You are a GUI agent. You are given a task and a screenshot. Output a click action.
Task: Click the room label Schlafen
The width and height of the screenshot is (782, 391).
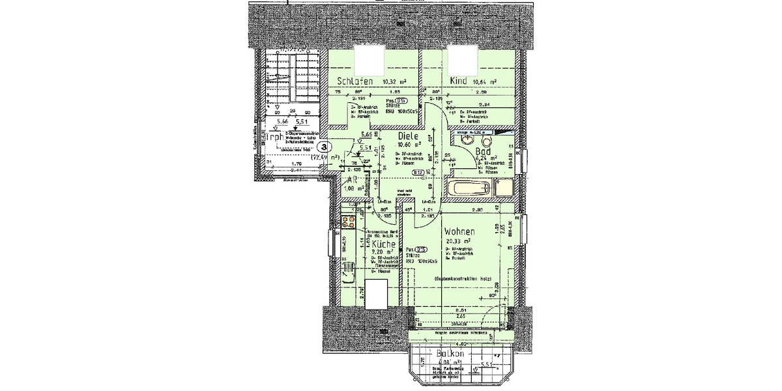tap(355, 81)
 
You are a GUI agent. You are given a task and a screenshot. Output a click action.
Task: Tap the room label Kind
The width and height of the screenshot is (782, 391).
tap(458, 81)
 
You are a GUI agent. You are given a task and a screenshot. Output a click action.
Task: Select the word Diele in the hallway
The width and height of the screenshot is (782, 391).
tap(409, 136)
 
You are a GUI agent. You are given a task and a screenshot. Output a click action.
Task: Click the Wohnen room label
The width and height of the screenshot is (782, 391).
tap(459, 231)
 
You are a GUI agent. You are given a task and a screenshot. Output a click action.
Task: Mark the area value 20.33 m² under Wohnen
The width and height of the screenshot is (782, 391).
tap(457, 241)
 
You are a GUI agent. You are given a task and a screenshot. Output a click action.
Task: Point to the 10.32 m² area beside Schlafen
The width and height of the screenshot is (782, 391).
tap(394, 82)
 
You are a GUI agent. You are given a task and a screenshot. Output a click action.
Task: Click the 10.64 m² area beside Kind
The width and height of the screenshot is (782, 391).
tap(485, 81)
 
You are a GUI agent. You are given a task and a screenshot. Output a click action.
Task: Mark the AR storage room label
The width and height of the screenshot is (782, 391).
tap(350, 182)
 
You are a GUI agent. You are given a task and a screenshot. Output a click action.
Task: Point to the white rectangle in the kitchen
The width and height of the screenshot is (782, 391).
tap(376, 295)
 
